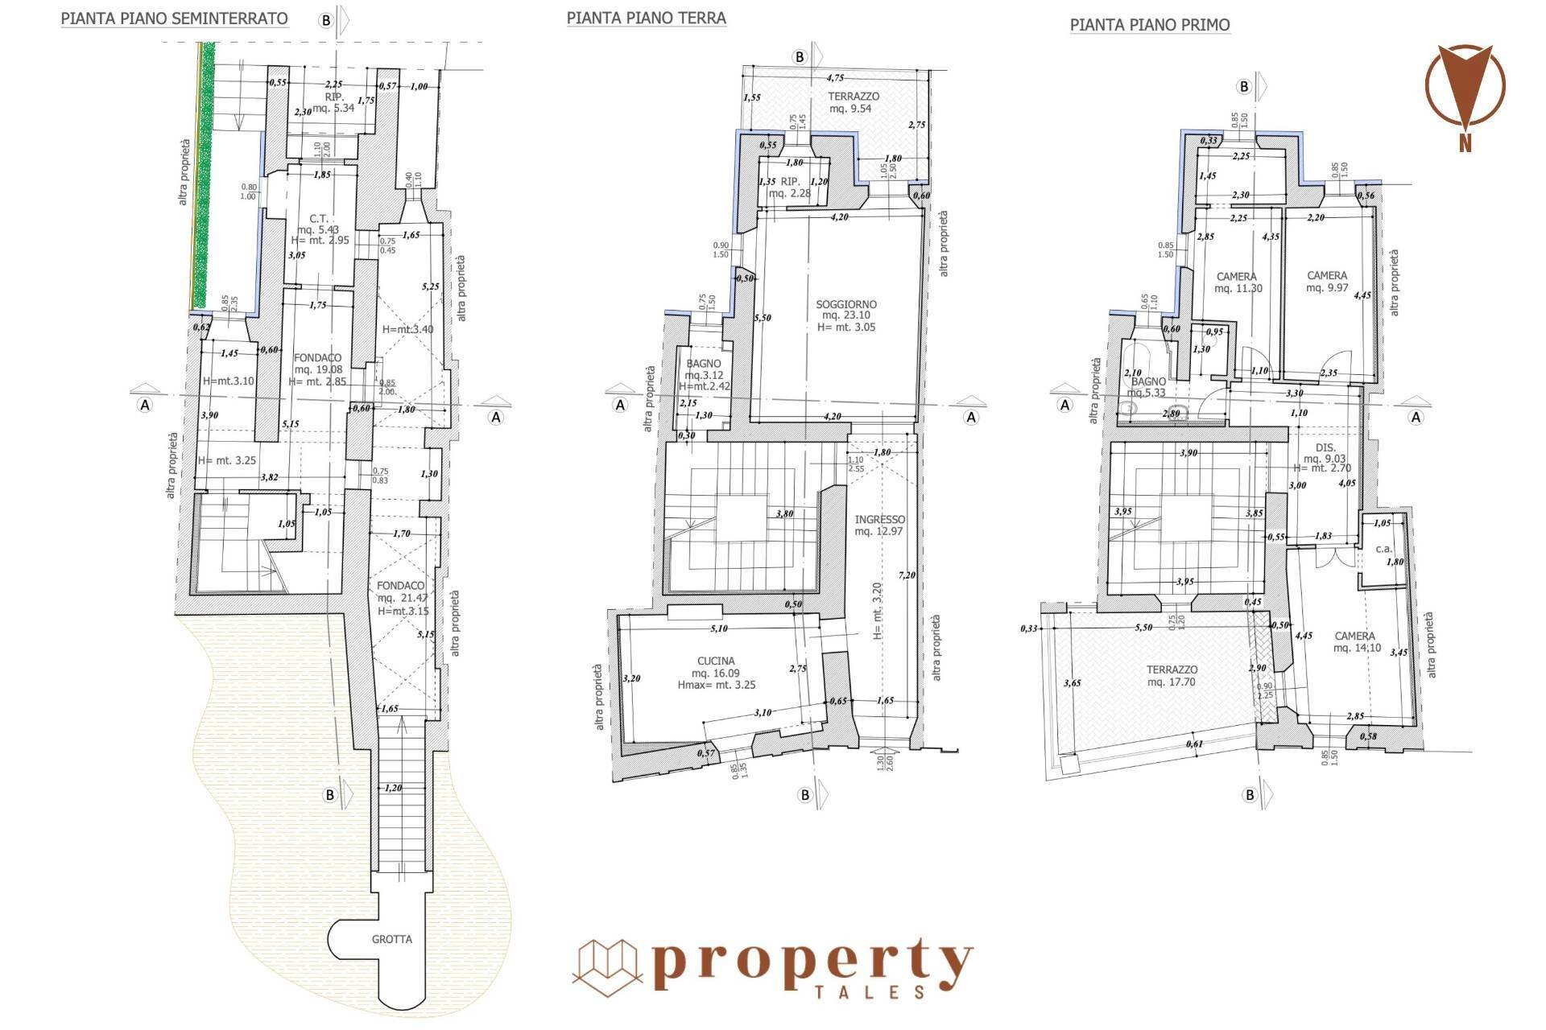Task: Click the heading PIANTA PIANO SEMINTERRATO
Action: click(174, 19)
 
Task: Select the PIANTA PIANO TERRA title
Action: click(646, 18)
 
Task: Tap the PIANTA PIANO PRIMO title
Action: click(1149, 25)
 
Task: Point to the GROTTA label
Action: click(392, 939)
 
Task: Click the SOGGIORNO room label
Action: click(846, 305)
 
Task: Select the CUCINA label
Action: click(717, 661)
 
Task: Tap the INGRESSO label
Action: click(879, 520)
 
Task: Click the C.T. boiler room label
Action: click(316, 218)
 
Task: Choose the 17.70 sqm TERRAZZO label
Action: click(1172, 669)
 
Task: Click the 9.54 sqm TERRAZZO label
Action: click(854, 97)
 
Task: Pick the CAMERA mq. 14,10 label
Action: click(1354, 636)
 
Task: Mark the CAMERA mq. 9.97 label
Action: click(1327, 276)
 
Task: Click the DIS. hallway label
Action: click(1325, 447)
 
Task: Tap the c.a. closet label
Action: click(1383, 549)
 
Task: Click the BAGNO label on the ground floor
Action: click(703, 364)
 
